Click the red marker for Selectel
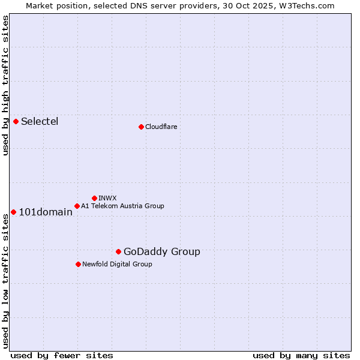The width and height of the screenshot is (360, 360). point(16,121)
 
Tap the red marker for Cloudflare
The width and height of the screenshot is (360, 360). point(141,127)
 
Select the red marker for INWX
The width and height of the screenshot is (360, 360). point(94,198)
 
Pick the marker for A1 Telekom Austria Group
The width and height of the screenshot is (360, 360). point(77,206)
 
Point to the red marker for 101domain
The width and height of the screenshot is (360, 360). point(13,212)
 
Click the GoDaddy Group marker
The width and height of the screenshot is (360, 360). point(118,251)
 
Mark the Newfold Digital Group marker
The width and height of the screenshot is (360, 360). point(78,264)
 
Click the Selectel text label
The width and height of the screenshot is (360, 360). point(40,121)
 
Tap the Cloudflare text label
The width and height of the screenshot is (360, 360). point(161,127)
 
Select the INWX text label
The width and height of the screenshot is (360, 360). point(108,198)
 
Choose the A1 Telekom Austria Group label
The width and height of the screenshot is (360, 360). point(122,206)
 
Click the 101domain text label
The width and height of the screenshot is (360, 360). point(46,212)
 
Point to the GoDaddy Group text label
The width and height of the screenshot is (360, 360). point(162,251)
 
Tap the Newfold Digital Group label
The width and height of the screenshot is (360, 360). point(117,264)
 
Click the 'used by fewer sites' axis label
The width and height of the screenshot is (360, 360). point(62,355)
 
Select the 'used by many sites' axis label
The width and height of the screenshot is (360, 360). point(301,355)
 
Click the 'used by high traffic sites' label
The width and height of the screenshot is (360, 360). point(5,85)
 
